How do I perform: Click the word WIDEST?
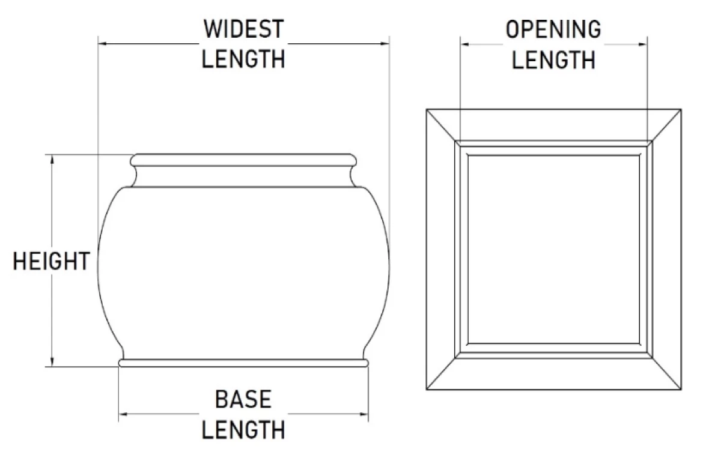pos(243,29)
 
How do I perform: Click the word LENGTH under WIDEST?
pos(243,59)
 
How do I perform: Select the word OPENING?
pos(553,29)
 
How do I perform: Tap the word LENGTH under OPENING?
pos(553,59)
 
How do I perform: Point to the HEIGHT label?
pos(52,262)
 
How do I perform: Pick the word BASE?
pos(243,399)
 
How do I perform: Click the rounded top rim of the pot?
pos(243,160)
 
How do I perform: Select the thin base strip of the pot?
pos(243,363)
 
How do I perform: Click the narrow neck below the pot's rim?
pos(243,176)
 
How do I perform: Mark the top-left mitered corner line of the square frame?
pos(442,125)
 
